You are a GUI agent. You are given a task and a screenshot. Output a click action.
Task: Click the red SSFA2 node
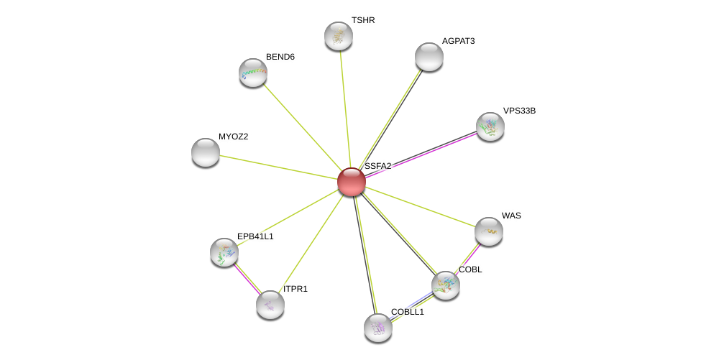(x=352, y=182)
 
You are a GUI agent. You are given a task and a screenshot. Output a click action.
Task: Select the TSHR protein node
(x=339, y=36)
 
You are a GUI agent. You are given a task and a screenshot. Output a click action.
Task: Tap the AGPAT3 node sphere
(x=429, y=57)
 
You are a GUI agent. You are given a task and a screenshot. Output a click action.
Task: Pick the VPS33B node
(x=490, y=127)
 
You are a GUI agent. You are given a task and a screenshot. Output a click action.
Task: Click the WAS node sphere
(x=489, y=231)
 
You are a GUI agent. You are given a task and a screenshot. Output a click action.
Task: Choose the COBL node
(x=446, y=285)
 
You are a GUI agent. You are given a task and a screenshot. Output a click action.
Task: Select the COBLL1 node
(x=378, y=328)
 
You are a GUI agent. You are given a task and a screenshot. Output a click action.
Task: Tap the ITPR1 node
(x=270, y=305)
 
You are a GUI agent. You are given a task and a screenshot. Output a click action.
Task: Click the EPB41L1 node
(x=224, y=252)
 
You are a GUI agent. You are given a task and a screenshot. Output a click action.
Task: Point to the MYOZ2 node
(x=206, y=152)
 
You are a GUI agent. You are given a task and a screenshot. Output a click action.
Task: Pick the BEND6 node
(x=253, y=73)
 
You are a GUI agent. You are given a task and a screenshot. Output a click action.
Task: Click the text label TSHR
(x=363, y=21)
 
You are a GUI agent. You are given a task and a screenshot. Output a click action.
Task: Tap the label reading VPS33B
(x=519, y=111)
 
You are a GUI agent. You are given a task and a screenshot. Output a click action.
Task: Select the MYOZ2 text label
(x=234, y=137)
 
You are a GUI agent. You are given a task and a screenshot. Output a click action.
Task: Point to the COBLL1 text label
(x=407, y=312)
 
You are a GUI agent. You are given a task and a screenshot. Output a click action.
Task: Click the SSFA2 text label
(x=377, y=166)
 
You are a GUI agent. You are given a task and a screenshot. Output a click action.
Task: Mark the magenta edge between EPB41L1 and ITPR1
(x=247, y=279)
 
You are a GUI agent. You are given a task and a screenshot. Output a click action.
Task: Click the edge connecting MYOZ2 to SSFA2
(x=278, y=167)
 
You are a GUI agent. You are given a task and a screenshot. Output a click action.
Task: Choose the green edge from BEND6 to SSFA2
(x=302, y=127)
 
